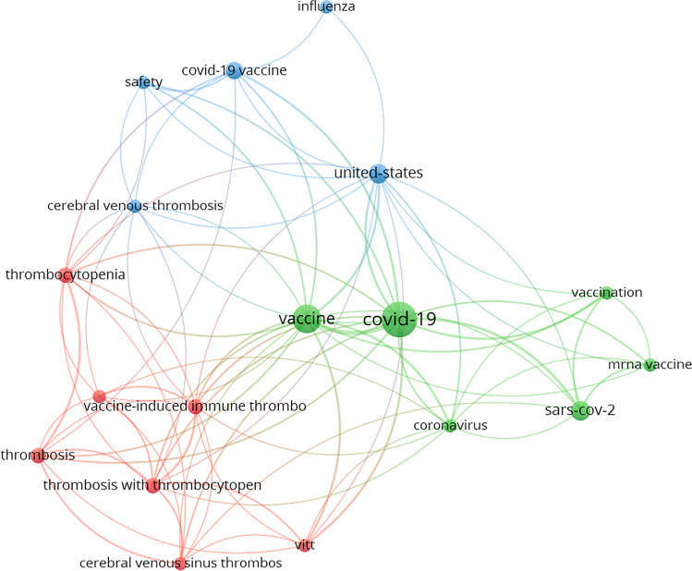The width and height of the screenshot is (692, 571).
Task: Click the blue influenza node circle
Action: [326, 7]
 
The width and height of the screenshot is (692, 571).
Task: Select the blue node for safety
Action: [144, 82]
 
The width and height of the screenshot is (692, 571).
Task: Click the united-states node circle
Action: [378, 173]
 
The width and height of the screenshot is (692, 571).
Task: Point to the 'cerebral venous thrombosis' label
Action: [135, 205]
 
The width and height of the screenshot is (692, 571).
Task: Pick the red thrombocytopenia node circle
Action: [66, 274]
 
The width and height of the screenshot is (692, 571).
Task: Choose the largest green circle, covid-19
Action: [398, 319]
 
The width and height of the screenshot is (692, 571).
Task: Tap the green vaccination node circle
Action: [606, 293]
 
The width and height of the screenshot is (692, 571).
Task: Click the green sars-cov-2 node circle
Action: [580, 411]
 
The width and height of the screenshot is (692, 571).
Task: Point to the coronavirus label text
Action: [450, 426]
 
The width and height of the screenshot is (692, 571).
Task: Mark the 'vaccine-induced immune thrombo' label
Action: [194, 406]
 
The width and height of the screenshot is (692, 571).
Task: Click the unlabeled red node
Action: [100, 396]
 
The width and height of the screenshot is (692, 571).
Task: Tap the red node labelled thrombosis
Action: [37, 455]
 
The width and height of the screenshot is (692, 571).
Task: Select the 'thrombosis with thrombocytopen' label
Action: [153, 485]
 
